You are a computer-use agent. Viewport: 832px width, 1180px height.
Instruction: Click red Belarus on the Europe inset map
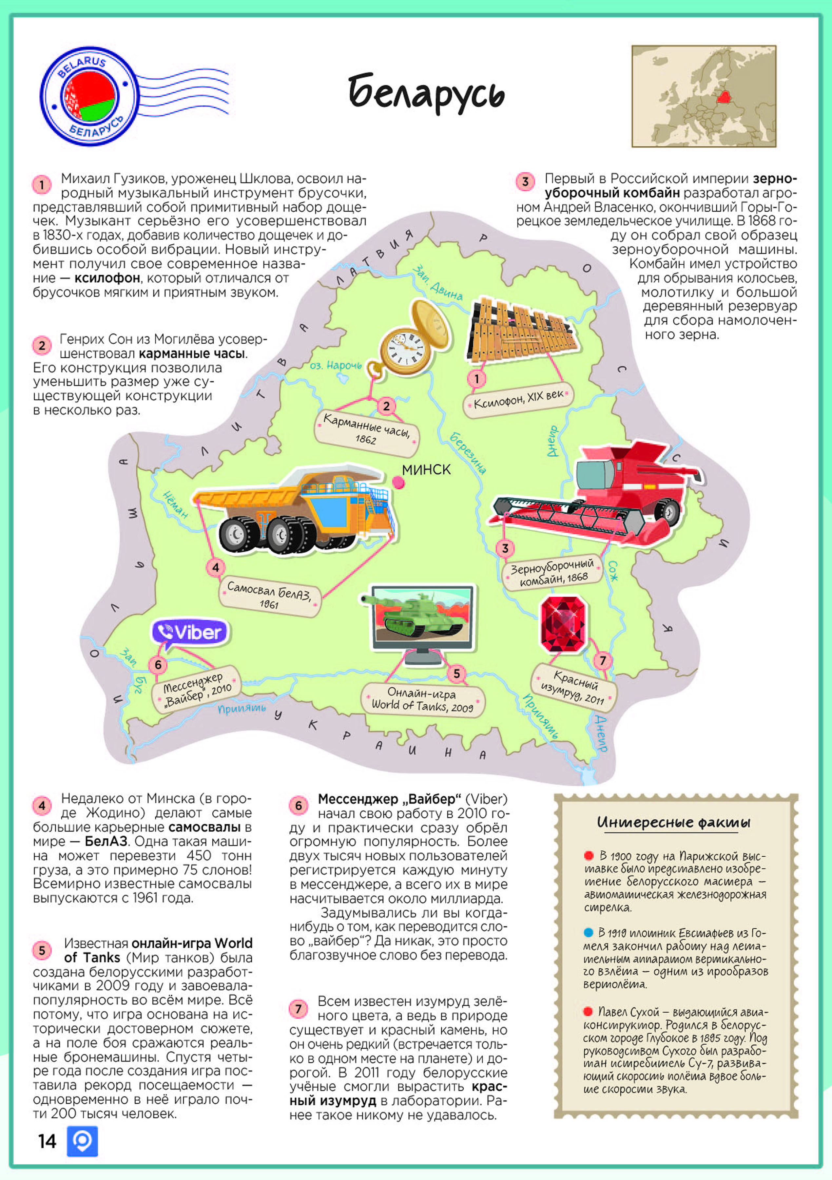pyautogui.click(x=724, y=96)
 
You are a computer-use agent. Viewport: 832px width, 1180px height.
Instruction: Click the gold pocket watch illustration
pyautogui.click(x=411, y=339)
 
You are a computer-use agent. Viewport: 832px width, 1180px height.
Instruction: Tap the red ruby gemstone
pyautogui.click(x=563, y=624)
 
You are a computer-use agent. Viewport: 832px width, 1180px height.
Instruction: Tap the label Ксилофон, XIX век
pyautogui.click(x=518, y=399)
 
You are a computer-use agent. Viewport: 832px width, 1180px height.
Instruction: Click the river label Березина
pyautogui.click(x=468, y=452)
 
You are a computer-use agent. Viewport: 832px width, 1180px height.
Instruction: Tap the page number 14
pyautogui.click(x=47, y=1141)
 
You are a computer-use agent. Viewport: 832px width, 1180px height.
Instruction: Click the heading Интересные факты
pyautogui.click(x=674, y=822)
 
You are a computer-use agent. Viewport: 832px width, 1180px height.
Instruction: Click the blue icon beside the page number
pyautogui.click(x=82, y=1141)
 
